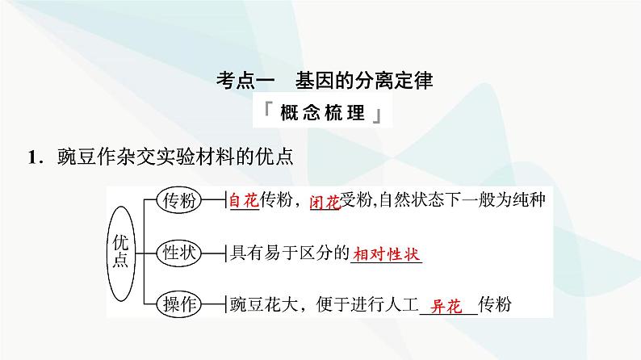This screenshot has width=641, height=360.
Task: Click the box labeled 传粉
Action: [178, 201]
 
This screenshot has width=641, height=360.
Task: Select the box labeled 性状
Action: [178, 253]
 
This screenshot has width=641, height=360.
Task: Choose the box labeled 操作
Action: [178, 304]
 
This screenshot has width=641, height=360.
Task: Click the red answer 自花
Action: [242, 202]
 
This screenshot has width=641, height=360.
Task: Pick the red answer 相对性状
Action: [388, 253]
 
